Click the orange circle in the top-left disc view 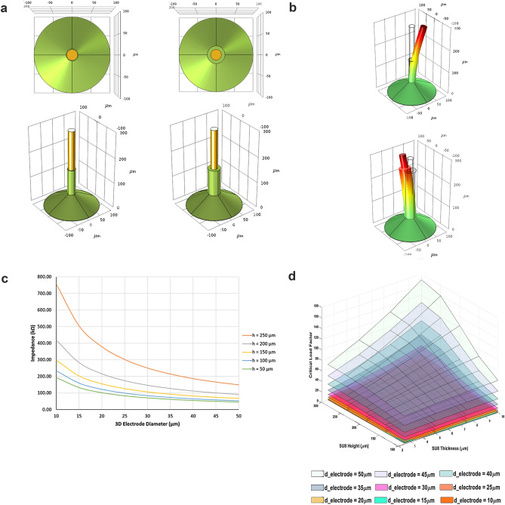pyautogui.click(x=72, y=55)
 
